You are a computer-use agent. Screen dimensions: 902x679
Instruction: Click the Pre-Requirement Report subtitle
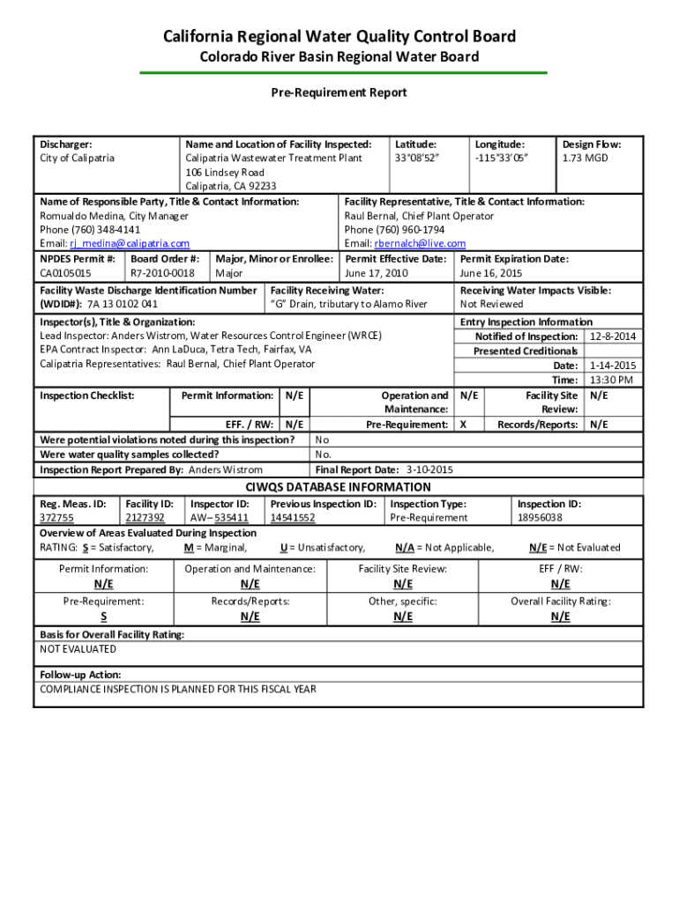pos(339,92)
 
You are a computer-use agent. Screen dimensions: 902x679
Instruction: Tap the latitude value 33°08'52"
pos(417,159)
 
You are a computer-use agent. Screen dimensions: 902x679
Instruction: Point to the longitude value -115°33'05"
pos(501,159)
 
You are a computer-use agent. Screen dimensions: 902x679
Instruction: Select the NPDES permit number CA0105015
pos(65,274)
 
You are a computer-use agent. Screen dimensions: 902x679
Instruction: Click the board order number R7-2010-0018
pos(162,274)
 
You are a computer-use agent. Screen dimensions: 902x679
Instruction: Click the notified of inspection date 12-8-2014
pos(613,337)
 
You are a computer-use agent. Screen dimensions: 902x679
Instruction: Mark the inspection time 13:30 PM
pos(612,380)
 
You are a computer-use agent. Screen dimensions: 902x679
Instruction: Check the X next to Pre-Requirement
pos(465,425)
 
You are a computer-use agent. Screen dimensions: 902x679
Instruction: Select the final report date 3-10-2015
pos(429,470)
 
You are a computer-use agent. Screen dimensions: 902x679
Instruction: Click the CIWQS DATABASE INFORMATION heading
pos(338,487)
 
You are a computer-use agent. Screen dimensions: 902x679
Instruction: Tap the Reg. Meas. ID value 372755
pos(57,518)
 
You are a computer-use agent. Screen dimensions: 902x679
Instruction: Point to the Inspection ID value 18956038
pos(540,518)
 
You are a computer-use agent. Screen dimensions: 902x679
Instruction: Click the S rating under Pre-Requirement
pos(103,617)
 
